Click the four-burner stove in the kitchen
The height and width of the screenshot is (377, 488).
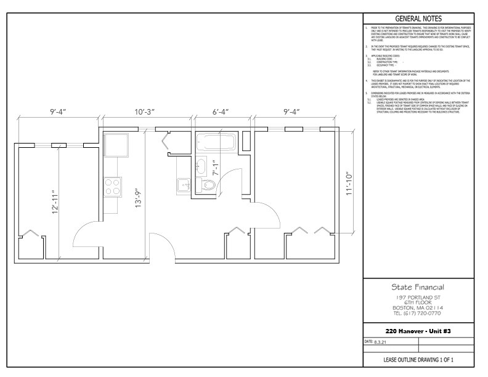[x=113, y=186]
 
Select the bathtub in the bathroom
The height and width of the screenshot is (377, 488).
[x=216, y=144]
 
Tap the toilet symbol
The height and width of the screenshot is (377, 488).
[x=206, y=184]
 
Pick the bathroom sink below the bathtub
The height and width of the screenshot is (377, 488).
[x=201, y=165]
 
